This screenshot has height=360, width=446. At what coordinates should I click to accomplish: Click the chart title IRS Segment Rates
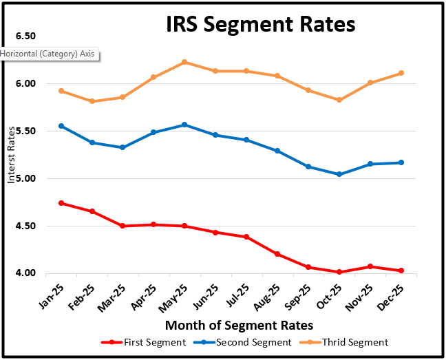261,25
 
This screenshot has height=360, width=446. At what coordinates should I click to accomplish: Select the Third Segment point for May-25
184,62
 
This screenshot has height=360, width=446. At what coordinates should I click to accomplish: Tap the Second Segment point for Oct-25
339,174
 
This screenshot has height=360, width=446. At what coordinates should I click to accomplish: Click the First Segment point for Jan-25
62,203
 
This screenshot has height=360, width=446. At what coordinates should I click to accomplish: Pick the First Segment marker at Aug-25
277,254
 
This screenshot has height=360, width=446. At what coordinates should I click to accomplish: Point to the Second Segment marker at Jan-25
62,126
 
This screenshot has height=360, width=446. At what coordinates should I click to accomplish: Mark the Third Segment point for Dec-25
401,73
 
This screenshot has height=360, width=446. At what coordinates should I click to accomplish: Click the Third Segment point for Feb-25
92,101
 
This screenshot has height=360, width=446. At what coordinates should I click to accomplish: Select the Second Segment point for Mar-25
123,147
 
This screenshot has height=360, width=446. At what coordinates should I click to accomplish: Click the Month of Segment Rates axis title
239,325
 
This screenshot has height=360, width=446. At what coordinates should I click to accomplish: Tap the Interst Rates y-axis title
11,156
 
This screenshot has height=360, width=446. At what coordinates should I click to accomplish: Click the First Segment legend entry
145,342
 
